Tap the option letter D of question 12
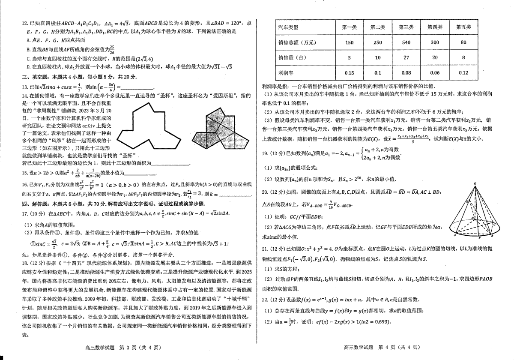tap(27, 66)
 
